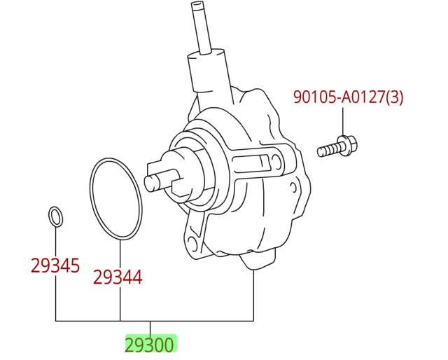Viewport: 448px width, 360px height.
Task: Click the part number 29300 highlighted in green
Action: (x=149, y=345)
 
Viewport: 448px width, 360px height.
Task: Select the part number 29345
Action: (x=55, y=265)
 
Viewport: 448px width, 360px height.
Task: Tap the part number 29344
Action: (x=118, y=277)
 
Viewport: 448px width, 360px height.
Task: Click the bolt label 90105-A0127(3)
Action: (x=349, y=97)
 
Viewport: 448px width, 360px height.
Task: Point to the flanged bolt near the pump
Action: (x=337, y=146)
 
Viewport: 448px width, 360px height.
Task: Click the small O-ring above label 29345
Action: (x=56, y=216)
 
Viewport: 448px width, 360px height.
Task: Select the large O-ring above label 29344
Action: (x=115, y=199)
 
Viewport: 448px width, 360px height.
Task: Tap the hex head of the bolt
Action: (x=349, y=145)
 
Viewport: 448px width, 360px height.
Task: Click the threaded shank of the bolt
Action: (x=328, y=150)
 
